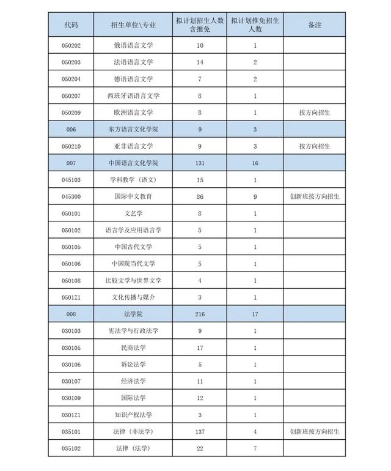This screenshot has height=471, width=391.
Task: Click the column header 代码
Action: [x=71, y=24]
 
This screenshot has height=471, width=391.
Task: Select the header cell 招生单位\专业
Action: [x=133, y=24]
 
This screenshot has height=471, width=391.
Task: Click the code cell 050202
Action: [x=71, y=45]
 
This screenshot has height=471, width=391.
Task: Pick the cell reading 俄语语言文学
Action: [x=133, y=45]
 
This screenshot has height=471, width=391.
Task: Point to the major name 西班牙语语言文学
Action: [x=133, y=96]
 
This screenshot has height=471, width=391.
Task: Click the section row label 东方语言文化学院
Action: [x=133, y=130]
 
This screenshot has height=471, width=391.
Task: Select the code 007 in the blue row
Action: [x=71, y=163]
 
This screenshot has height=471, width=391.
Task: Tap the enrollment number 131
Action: [x=200, y=163]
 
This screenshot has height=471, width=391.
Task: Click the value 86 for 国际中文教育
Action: [x=200, y=197]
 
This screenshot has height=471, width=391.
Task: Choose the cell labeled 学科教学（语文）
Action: [x=133, y=180]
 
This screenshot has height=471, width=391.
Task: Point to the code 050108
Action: [x=71, y=281]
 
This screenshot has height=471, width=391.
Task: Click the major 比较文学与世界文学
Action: [x=133, y=281]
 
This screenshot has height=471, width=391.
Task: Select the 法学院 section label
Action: [x=133, y=314]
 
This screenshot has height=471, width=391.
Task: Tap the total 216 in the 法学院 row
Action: [x=200, y=314]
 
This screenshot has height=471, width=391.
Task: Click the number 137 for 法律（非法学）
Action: [x=200, y=432]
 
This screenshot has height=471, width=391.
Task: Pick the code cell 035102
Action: [x=71, y=448]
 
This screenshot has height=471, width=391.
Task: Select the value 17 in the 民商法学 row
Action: [x=200, y=348]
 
